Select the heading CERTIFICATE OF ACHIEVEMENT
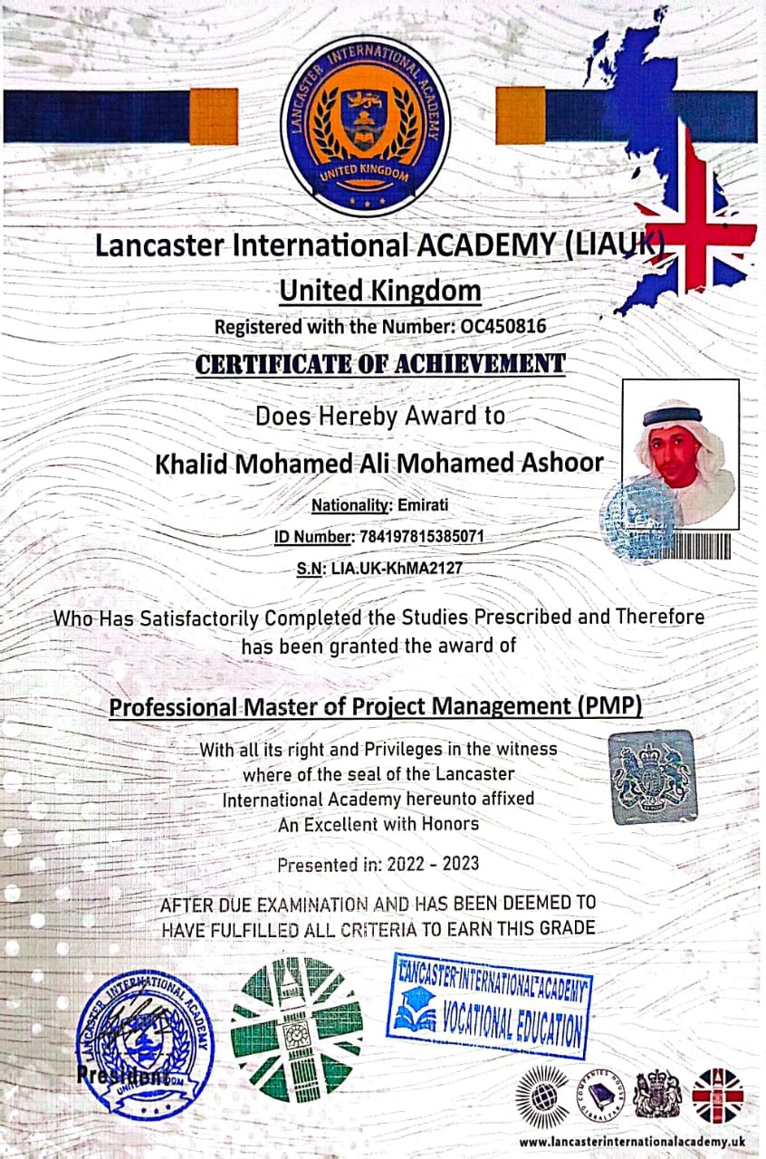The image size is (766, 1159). point(380,364)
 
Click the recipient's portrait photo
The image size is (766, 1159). point(681,453)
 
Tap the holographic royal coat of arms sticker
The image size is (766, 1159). point(652,777)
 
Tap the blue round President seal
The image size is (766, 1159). point(145,1041)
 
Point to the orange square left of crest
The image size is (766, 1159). point(213,116)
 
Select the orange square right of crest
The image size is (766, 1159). point(521,116)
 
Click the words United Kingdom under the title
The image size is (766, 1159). point(379,292)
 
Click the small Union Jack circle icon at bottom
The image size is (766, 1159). point(717,1095)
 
